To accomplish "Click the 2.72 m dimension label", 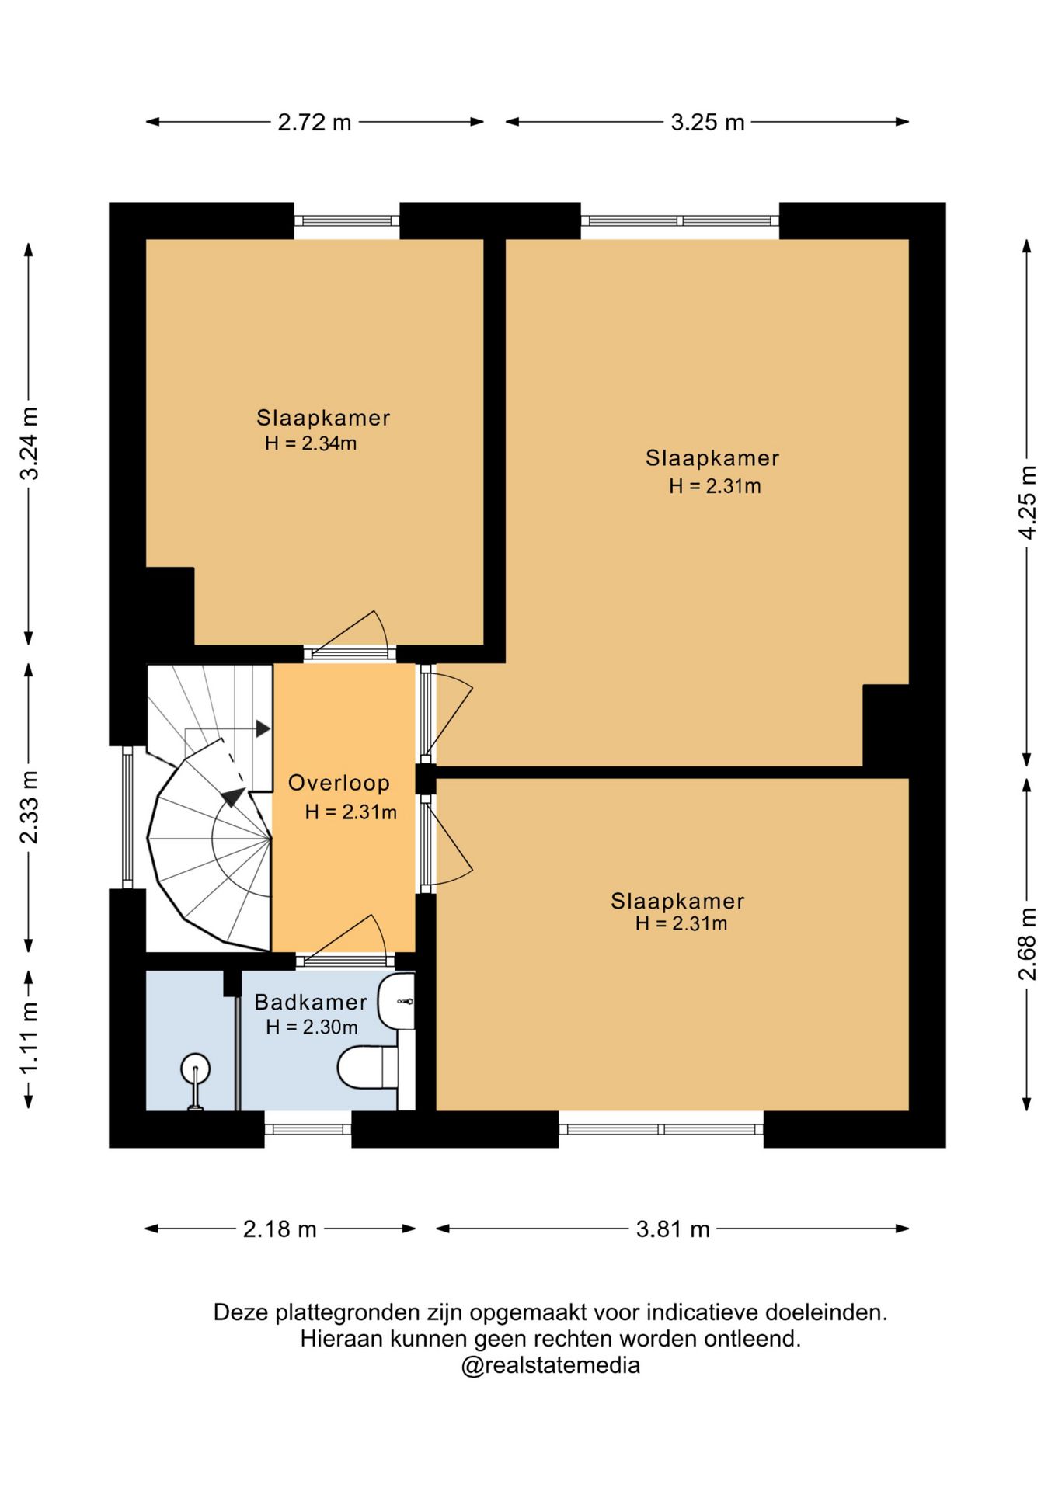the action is [315, 122].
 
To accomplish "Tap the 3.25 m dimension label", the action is [708, 122].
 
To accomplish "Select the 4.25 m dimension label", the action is [1028, 502].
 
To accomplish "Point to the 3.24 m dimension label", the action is [30, 443].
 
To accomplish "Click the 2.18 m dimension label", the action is [280, 1229].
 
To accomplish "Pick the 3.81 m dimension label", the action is [673, 1229].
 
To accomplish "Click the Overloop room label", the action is [339, 783].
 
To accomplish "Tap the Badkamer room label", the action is [311, 1002].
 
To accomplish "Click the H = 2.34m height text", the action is [311, 443].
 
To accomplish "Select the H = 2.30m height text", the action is [312, 1027].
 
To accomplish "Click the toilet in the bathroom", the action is [367, 1068].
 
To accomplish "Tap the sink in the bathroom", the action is [396, 1002].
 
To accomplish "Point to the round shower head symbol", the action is [195, 1069].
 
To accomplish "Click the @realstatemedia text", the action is [551, 1365].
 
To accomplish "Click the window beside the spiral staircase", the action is [128, 817].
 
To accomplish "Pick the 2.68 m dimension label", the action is [1028, 944].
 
